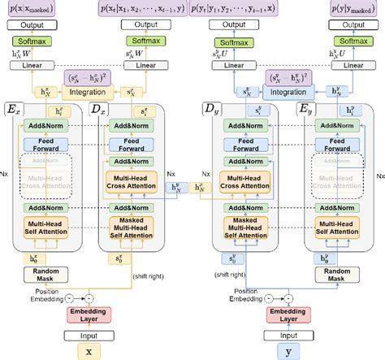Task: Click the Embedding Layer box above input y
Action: [287, 313]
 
